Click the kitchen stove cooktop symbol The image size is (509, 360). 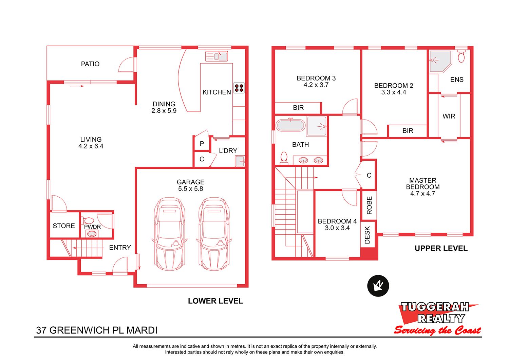(x=239, y=88)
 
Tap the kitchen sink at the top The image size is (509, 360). (x=216, y=56)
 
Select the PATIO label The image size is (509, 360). (x=90, y=64)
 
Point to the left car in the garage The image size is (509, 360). (x=170, y=234)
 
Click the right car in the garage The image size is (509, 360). (x=214, y=234)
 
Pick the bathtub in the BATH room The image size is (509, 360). (x=290, y=125)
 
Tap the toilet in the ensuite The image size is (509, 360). (x=461, y=56)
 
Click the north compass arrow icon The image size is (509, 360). (x=378, y=286)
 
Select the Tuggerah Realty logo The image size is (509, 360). (x=437, y=318)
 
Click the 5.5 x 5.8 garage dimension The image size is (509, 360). (x=190, y=189)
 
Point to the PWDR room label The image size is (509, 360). (x=92, y=227)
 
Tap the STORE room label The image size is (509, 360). (x=64, y=226)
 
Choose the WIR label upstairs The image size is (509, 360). (x=449, y=116)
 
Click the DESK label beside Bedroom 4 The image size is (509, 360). (x=367, y=235)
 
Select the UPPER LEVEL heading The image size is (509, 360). (x=441, y=248)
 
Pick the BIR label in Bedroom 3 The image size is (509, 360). (x=298, y=108)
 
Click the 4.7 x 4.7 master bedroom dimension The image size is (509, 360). (x=423, y=194)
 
